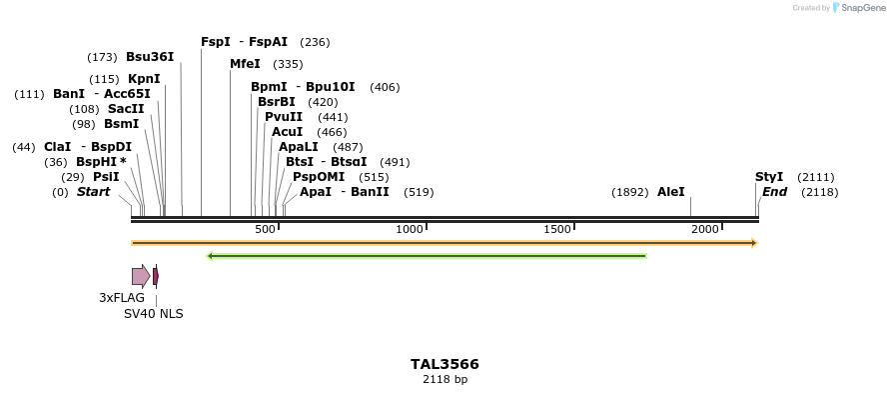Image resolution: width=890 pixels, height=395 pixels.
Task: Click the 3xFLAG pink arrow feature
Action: point(141,276)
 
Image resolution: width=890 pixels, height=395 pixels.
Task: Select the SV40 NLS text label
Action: point(153,314)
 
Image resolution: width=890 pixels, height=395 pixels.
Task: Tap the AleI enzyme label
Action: point(670,192)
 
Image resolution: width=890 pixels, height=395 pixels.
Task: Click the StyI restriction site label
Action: point(769,177)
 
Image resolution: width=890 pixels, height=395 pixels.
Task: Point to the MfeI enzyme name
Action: point(245,64)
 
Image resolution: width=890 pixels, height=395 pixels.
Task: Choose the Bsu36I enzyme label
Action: point(150,57)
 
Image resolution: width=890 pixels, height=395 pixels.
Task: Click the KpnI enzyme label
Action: point(144,79)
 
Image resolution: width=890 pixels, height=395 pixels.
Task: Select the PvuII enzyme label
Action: point(284,117)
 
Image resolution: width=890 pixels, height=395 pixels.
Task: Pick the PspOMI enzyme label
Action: point(319,177)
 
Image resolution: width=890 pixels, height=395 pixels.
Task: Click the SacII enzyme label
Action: point(126,109)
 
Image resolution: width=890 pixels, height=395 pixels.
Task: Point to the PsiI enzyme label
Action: point(106,177)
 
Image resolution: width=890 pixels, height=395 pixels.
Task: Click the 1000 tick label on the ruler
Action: point(410,230)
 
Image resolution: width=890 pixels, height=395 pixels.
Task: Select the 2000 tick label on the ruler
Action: point(705,230)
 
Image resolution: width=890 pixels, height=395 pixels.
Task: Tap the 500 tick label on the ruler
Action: point(265,230)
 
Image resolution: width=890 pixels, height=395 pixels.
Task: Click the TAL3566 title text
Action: point(445,364)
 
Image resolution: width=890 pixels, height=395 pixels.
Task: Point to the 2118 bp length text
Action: point(445,380)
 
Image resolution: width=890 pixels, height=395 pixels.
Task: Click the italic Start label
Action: point(93,192)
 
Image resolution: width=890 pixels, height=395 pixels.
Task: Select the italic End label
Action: point(775,192)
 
